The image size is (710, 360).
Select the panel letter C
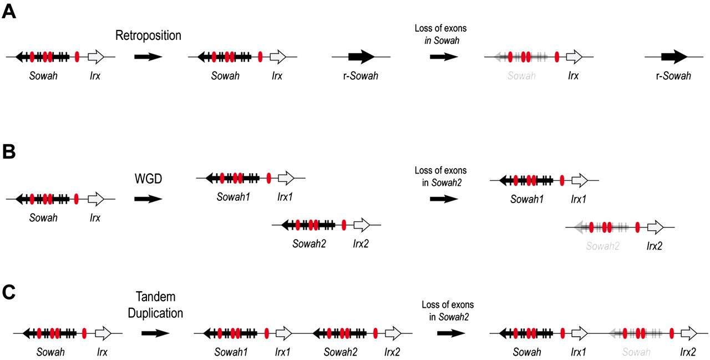[x=9, y=292]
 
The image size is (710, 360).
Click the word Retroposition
[x=148, y=36]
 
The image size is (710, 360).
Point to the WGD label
[x=148, y=179]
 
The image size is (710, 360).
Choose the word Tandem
[x=155, y=298]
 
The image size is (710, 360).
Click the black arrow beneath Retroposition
[x=148, y=57]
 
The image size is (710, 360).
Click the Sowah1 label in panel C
[x=231, y=352]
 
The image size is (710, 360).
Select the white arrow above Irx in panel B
[x=96, y=199]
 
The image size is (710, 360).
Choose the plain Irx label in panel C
[x=102, y=352]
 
